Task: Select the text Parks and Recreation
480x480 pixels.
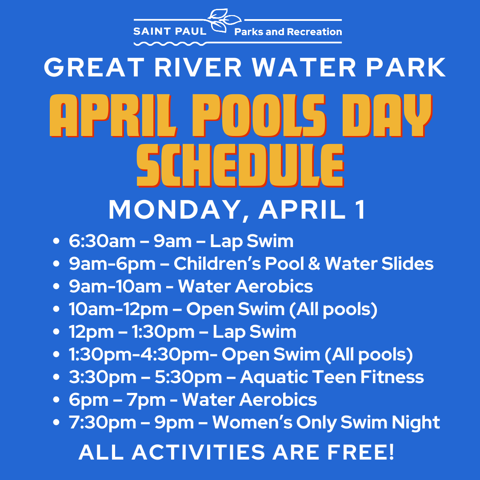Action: coord(288,32)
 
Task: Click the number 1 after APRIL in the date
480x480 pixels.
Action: coord(359,209)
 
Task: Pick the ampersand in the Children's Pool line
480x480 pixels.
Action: coord(314,264)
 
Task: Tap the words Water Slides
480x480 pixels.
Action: coord(379,264)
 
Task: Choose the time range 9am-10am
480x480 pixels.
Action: coord(115,286)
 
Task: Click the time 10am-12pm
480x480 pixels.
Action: coord(118,309)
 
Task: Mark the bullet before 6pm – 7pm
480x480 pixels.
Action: coord(56,400)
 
